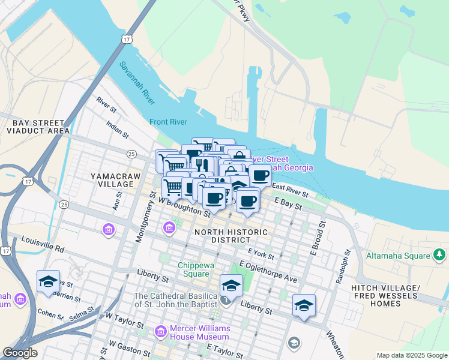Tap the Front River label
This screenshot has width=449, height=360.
168,121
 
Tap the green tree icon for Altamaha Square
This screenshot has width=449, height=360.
440,256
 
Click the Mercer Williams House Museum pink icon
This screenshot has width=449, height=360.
160,331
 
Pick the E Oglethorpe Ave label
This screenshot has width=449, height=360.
268,272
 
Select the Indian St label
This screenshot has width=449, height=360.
117,128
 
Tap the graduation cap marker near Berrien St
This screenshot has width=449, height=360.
48,281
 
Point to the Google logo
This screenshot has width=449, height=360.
20,353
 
